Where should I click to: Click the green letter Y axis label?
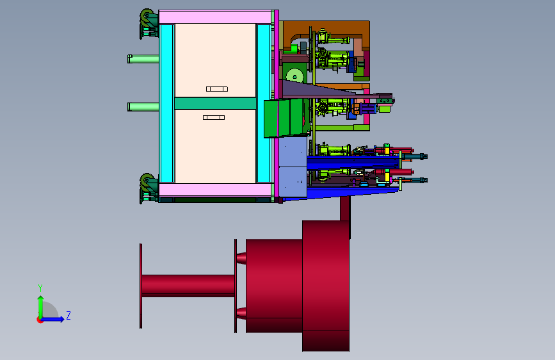coord(40,288)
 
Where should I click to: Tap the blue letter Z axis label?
coord(68,315)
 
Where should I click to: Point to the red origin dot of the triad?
coord(39,320)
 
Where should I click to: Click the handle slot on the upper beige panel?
coord(217,89)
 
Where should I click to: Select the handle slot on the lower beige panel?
coord(214,117)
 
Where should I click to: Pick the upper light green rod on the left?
coord(143,59)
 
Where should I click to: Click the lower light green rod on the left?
coord(143,106)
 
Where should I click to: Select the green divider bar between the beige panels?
coord(215,104)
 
